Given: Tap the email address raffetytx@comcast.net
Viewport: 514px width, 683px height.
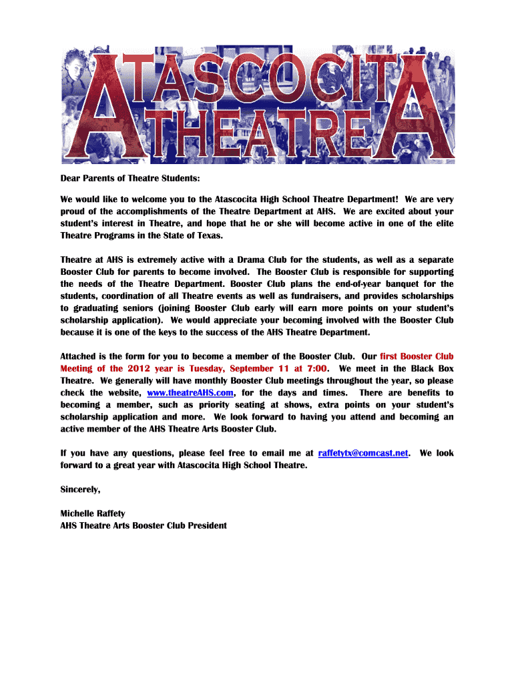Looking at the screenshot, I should (x=363, y=453).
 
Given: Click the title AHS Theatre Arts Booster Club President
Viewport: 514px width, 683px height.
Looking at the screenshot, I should (x=144, y=526).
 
